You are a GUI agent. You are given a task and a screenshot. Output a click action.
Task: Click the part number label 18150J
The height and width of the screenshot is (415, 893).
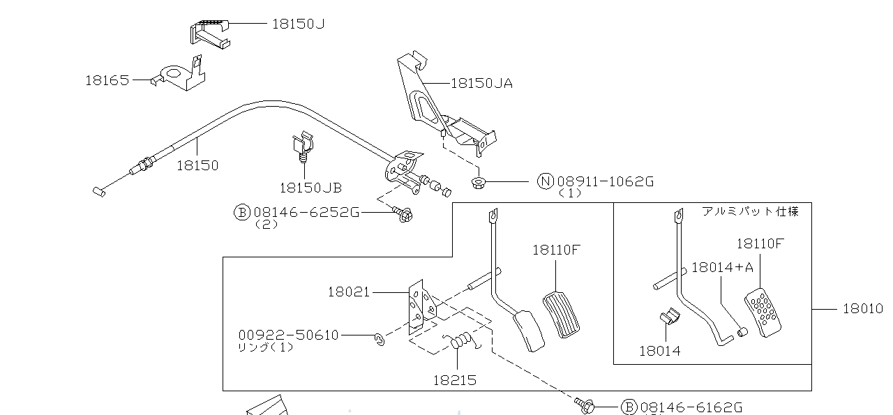click(x=298, y=24)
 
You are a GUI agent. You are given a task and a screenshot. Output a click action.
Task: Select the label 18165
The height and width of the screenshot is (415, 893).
click(x=107, y=80)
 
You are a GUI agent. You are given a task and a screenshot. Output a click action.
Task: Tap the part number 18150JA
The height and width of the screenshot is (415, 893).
click(x=481, y=83)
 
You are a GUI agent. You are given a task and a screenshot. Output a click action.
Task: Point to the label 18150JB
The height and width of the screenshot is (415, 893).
click(x=310, y=188)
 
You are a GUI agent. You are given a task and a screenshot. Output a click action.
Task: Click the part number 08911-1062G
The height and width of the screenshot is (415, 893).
click(x=605, y=182)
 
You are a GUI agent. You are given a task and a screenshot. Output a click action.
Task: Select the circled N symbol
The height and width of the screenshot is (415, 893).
click(x=545, y=182)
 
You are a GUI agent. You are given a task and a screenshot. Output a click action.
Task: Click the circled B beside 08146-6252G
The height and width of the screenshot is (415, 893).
click(x=241, y=212)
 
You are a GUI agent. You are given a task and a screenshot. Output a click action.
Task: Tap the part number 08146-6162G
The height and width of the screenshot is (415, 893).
click(x=691, y=407)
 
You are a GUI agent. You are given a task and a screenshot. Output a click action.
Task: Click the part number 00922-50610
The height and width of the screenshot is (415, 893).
click(x=288, y=335)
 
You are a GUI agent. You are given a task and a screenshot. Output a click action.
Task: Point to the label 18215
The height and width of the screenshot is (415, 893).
click(x=454, y=380)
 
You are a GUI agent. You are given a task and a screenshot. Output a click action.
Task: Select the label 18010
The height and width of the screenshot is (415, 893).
click(x=862, y=308)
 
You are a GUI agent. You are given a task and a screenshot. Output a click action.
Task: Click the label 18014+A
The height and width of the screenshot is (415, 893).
click(x=722, y=267)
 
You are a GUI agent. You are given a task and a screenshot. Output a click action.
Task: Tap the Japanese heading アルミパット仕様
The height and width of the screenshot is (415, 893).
click(x=749, y=211)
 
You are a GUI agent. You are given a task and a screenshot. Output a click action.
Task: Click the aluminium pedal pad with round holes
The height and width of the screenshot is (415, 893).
click(x=763, y=311)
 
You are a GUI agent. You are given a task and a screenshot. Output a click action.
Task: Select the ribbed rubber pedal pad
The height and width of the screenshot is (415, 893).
click(x=562, y=315)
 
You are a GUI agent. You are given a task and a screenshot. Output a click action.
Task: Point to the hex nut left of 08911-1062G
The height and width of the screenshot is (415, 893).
click(x=478, y=183)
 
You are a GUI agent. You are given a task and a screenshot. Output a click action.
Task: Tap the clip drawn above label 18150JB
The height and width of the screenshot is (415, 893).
click(x=301, y=146)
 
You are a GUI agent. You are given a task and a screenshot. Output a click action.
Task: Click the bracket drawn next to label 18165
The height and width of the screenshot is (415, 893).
click(x=179, y=75)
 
